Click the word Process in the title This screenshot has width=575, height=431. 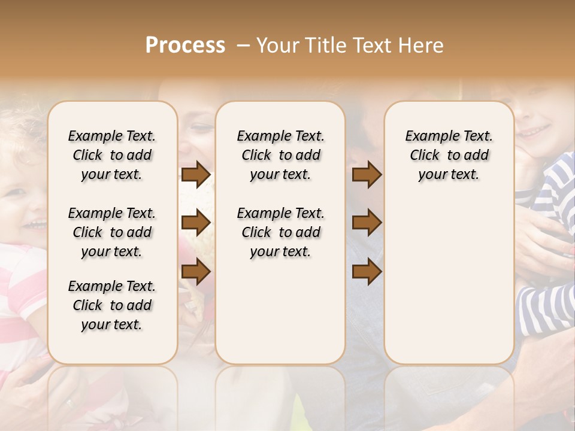click(x=185, y=45)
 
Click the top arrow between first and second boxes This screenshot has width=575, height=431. click(x=196, y=175)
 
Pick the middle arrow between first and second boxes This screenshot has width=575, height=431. click(x=196, y=223)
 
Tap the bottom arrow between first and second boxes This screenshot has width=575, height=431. click(x=196, y=272)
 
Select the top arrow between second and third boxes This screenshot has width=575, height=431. click(x=367, y=175)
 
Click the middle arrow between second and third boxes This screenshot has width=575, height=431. click(x=367, y=223)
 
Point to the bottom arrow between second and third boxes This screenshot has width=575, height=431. click(x=367, y=272)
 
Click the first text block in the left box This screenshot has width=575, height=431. click(x=112, y=155)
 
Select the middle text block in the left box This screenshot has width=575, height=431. click(x=112, y=232)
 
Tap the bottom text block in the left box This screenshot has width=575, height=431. click(x=112, y=305)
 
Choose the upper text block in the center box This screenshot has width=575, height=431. click(x=280, y=155)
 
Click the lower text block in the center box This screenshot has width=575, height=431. click(x=280, y=232)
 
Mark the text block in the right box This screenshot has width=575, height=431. click(x=449, y=155)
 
